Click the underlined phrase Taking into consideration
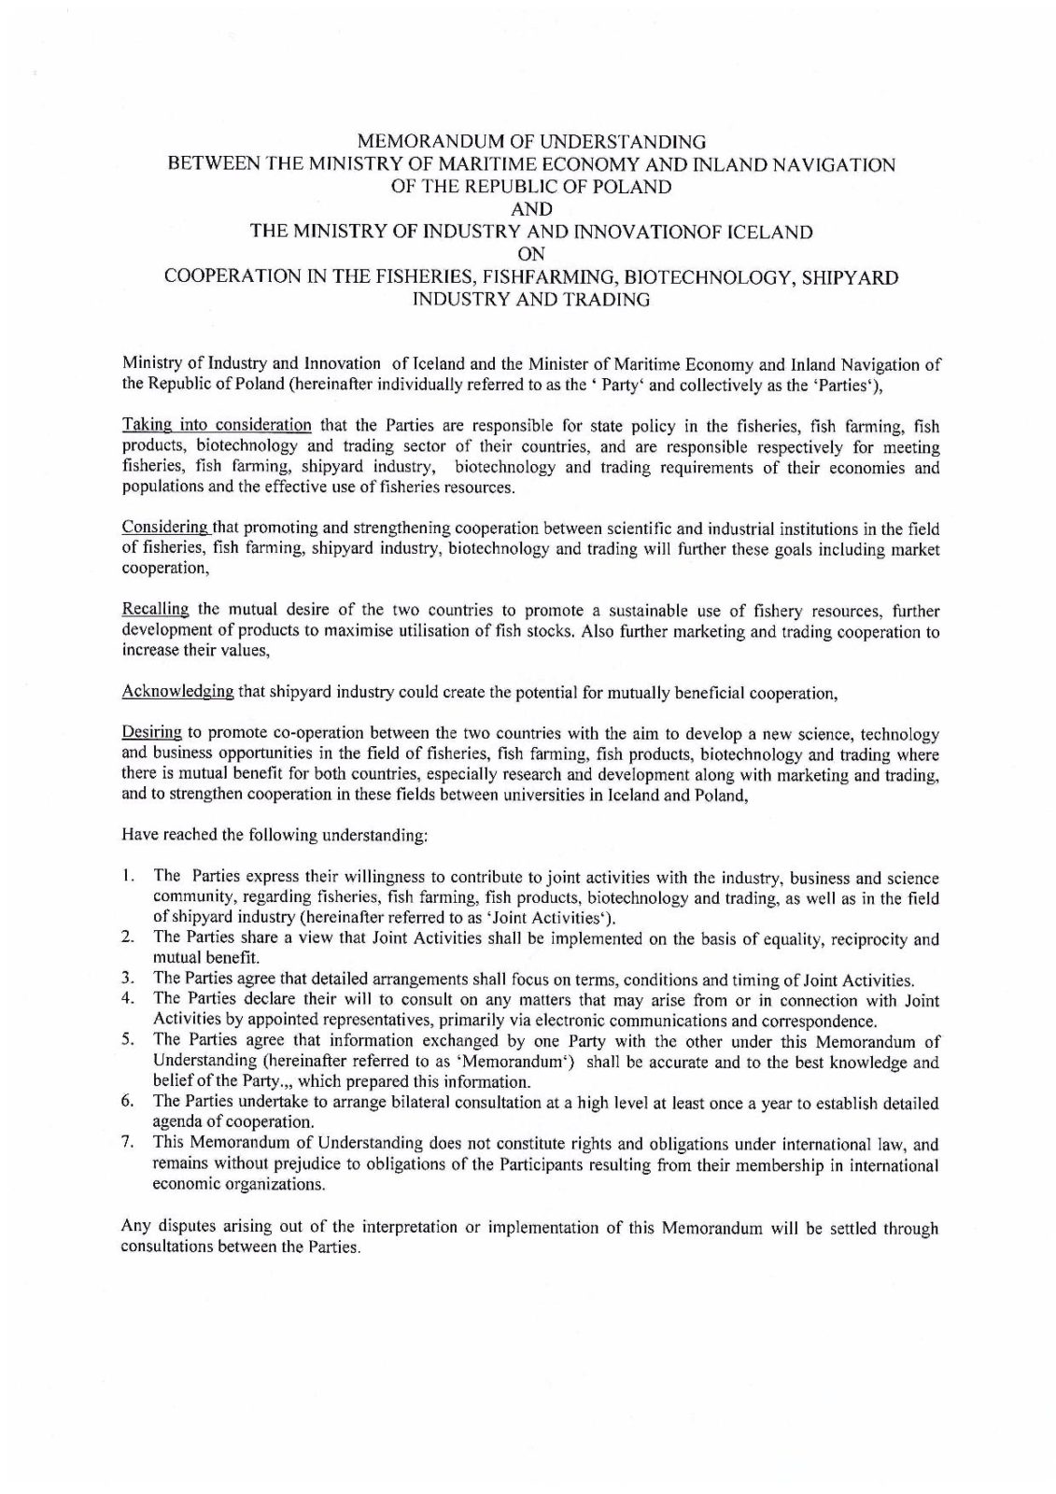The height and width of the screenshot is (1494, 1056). [x=217, y=426]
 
